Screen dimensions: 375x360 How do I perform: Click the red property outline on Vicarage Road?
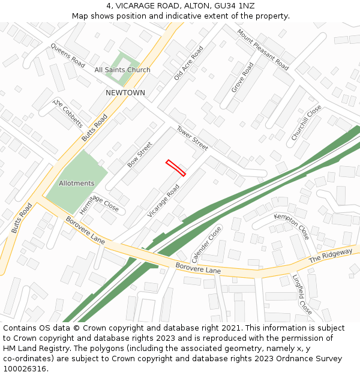point(176,167)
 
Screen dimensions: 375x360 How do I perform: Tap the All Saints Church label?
point(122,70)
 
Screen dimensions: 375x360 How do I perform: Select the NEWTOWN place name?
point(125,93)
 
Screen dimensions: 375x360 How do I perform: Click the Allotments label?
point(76,183)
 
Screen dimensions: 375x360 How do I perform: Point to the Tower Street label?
point(192,139)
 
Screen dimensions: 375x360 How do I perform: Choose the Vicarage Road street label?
point(164,201)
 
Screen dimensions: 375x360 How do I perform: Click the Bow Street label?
point(140,154)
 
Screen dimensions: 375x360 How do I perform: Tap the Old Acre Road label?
point(188,63)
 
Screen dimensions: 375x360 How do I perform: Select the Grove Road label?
point(243,77)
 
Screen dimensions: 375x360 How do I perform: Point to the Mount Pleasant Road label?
point(262,50)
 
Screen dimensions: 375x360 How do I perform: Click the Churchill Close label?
point(306,123)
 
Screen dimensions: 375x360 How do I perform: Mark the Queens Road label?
point(68,55)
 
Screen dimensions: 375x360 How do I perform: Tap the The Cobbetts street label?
point(68,113)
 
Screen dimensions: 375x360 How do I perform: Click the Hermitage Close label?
point(99,204)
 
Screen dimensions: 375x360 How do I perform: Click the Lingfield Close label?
point(302,294)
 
